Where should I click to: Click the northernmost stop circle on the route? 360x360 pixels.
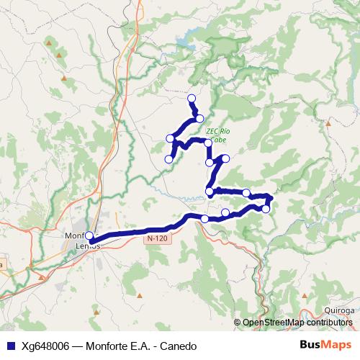(x=192, y=98)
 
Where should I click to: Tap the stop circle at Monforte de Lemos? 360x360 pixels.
(x=89, y=236)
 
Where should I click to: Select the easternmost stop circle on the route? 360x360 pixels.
(x=270, y=198)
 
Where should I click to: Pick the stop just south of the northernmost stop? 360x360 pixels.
(x=199, y=119)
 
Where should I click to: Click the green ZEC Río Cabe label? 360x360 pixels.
(x=217, y=135)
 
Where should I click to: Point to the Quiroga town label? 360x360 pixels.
(x=340, y=310)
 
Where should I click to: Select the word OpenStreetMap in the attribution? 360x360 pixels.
(x=274, y=322)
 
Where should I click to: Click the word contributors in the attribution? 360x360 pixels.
(x=329, y=322)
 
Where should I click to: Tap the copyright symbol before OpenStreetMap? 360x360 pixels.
(x=238, y=322)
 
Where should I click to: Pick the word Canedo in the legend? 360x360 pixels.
(x=178, y=346)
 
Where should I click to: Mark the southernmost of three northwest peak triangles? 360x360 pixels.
(x=65, y=77)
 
